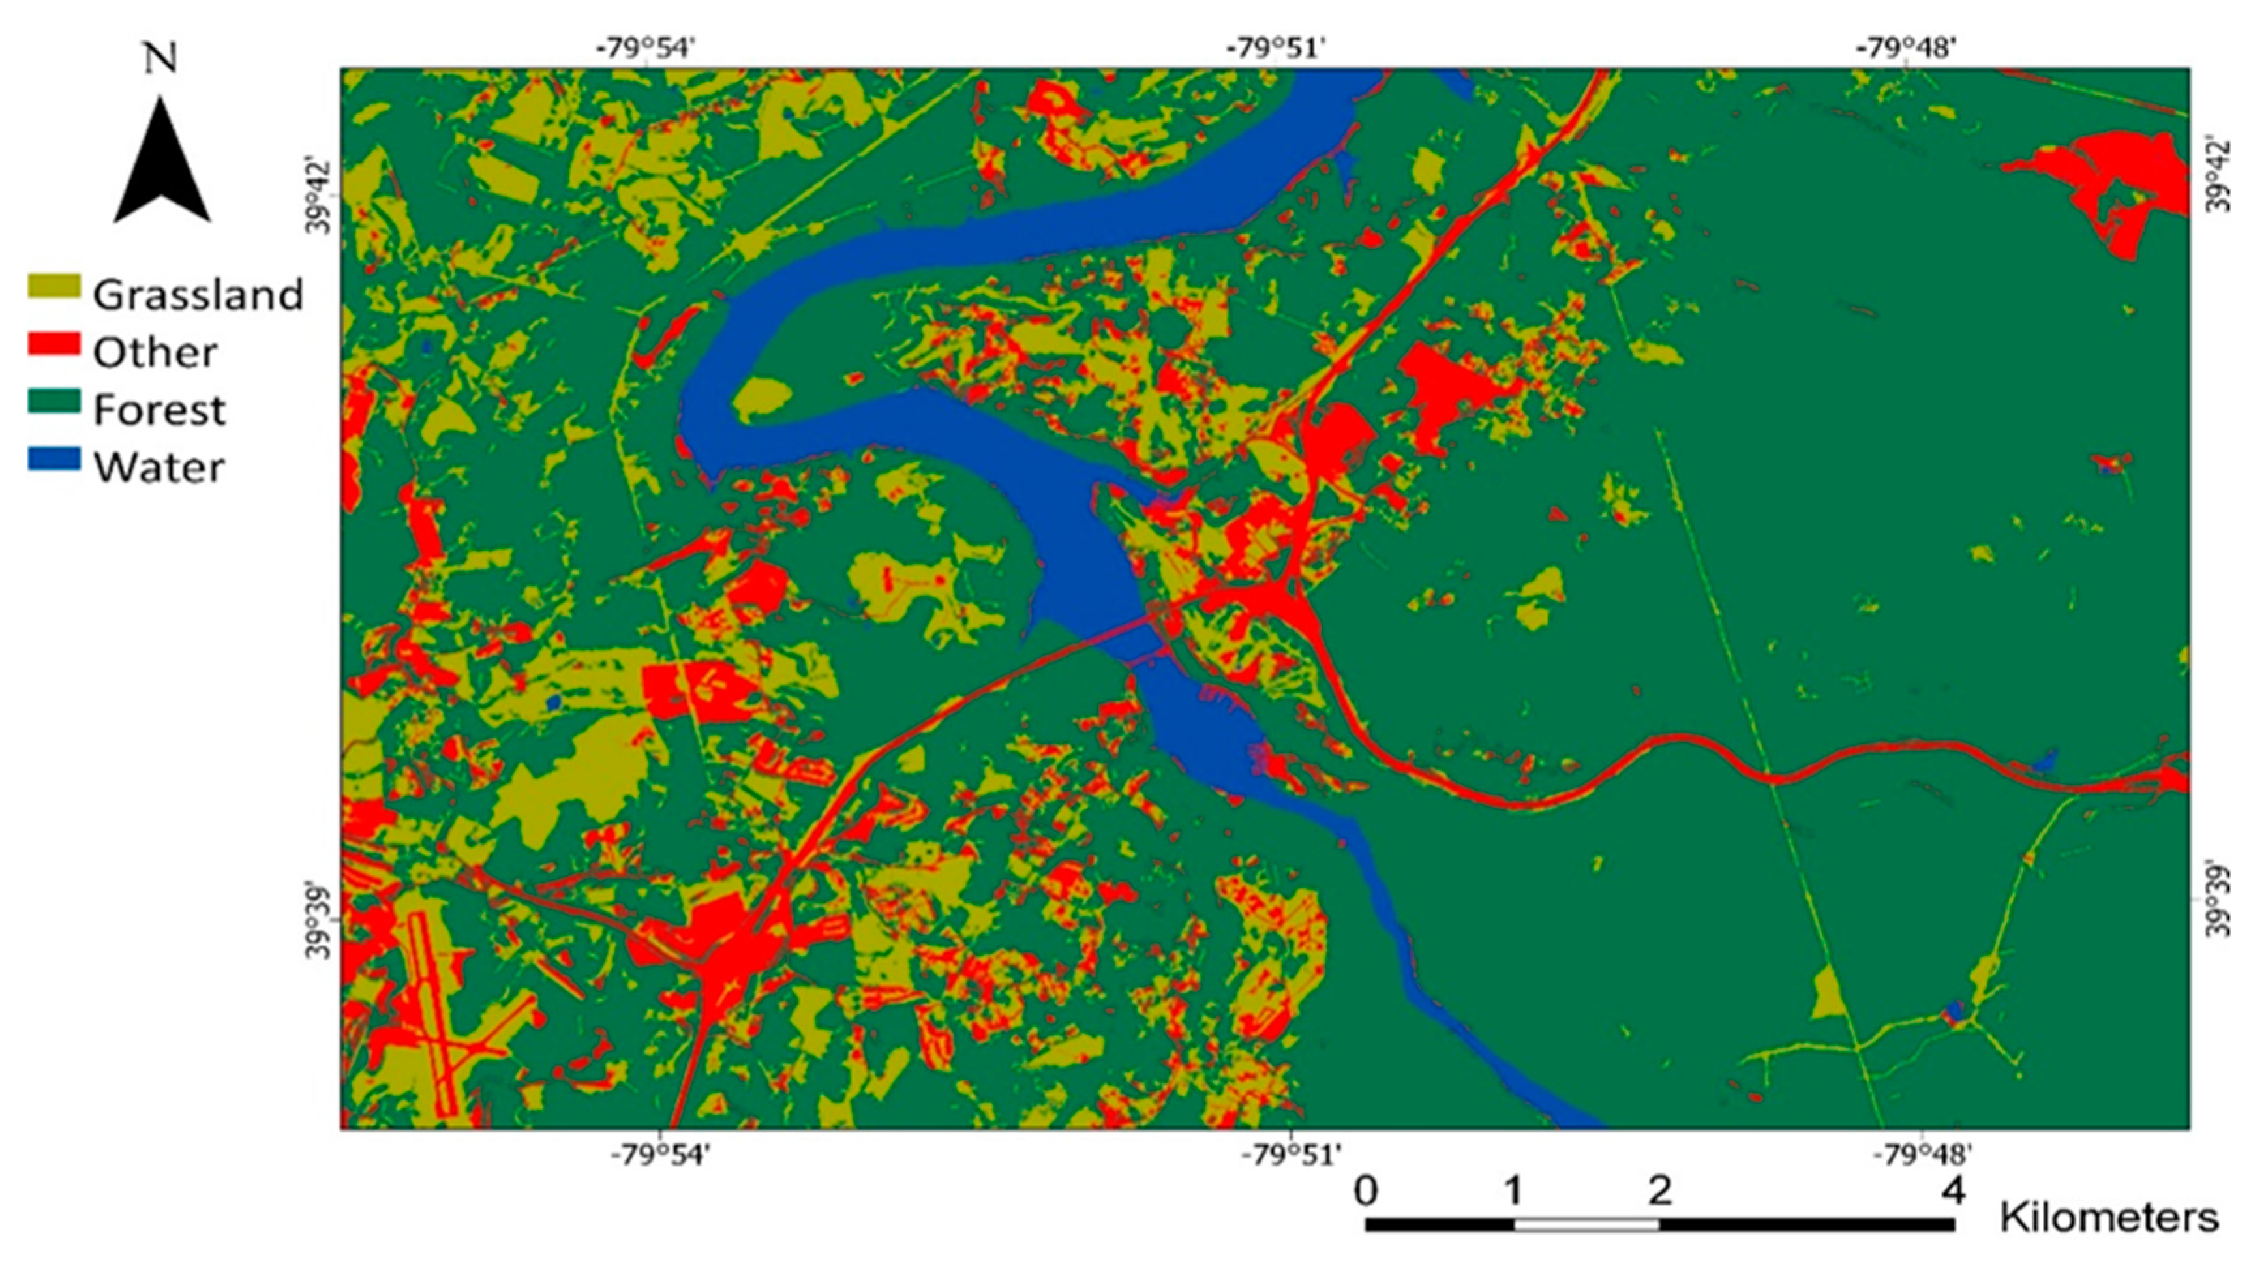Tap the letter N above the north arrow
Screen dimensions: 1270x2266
click(161, 58)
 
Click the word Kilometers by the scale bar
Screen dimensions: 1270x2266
click(2109, 1218)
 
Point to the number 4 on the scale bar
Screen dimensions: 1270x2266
click(1953, 1191)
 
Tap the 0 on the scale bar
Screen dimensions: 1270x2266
click(1365, 1191)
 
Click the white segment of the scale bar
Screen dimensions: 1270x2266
click(1586, 1224)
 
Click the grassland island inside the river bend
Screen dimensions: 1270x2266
click(762, 400)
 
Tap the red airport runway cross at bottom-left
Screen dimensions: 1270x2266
click(433, 1038)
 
